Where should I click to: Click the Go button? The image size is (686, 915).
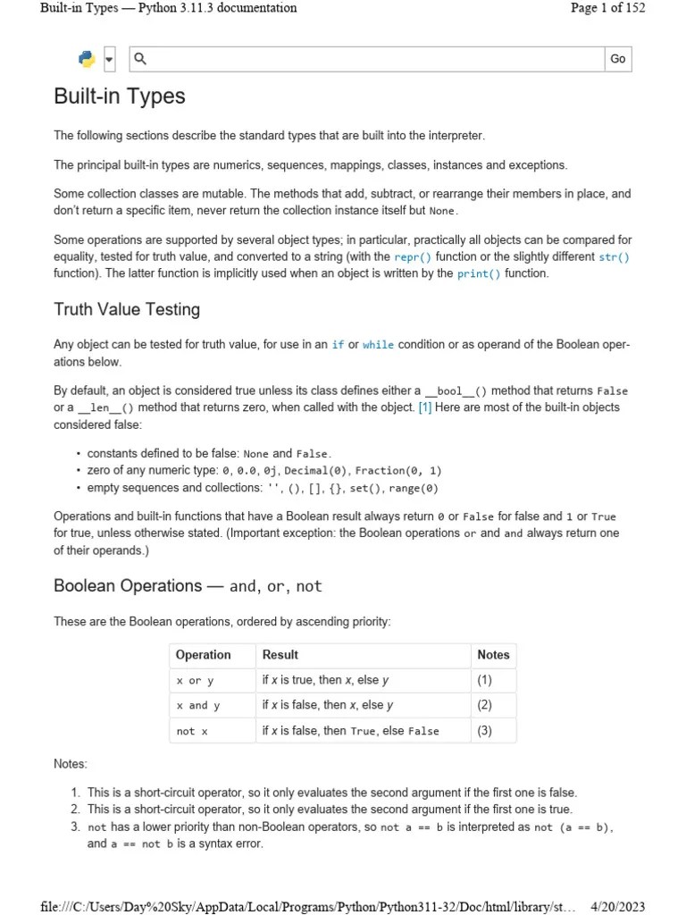617,59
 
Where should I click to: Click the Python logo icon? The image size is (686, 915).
87,59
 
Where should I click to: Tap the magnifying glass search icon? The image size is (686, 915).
139,59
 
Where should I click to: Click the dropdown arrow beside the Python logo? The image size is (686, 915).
109,60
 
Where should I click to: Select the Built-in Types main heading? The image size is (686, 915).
120,97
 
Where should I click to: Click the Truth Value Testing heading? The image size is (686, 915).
127,309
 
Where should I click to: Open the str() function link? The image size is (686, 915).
614,256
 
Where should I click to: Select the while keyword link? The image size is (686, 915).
378,345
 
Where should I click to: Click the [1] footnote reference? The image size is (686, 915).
425,407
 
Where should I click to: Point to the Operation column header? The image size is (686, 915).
204,655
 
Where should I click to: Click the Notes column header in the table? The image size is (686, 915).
493,655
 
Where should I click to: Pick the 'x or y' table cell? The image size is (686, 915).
195,680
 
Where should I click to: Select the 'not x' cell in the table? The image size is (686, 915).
192,730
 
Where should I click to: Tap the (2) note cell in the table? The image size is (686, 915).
484,705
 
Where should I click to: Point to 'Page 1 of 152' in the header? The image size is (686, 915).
607,8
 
